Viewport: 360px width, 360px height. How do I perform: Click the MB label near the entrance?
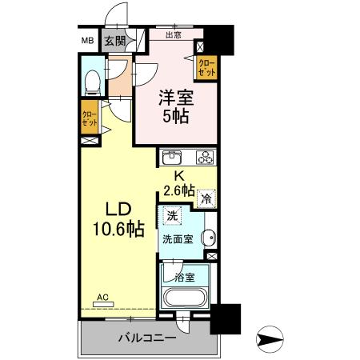[x=86, y=41]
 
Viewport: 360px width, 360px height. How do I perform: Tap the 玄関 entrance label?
[x=114, y=41]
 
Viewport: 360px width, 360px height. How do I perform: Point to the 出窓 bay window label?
[x=174, y=35]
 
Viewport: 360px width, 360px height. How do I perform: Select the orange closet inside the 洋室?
[x=207, y=67]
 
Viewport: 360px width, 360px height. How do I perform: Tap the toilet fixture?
[x=92, y=80]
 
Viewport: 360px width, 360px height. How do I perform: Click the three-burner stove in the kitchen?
[x=204, y=156]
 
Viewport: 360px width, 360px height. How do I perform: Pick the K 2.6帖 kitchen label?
[x=178, y=183]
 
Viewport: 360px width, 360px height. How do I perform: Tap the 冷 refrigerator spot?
[x=206, y=199]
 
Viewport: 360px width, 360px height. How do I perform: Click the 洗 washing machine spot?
[x=171, y=215]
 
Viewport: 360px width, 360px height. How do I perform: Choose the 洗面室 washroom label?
[x=178, y=238]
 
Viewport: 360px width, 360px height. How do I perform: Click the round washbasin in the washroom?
[x=208, y=237]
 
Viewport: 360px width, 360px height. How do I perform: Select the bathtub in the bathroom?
[x=186, y=300]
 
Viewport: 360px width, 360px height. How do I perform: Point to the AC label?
[x=102, y=296]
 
